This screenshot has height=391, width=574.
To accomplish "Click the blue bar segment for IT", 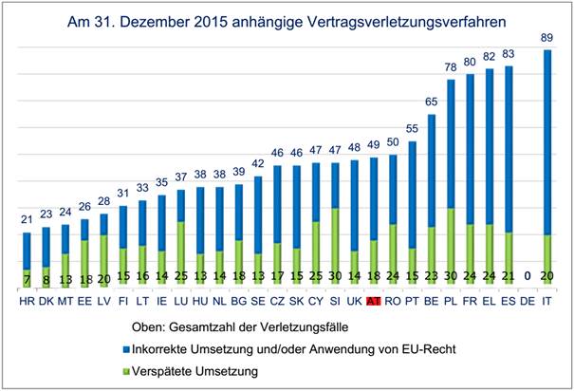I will click(546, 142).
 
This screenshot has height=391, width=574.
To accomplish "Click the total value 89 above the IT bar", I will click(546, 38).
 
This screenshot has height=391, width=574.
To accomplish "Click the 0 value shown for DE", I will click(528, 275).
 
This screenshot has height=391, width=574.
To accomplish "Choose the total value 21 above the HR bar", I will click(27, 220).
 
